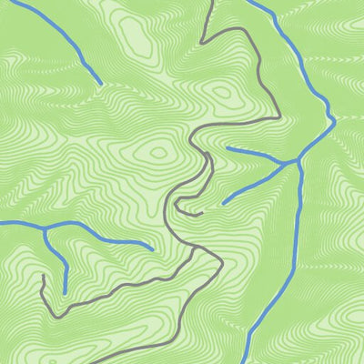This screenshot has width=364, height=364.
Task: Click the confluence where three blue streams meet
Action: coord(297,162)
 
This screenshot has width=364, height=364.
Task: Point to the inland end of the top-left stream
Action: coord(99,84)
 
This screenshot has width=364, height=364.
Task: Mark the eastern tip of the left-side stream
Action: coord(151,248)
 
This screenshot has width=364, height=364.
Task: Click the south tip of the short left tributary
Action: coord(65,292)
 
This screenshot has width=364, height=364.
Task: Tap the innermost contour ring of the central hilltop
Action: coord(159,152)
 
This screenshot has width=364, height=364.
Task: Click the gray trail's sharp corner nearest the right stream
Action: coord(278,117)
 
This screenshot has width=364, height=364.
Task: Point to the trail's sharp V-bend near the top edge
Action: coord(202,41)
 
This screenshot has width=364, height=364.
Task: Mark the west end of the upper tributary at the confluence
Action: coord(227,147)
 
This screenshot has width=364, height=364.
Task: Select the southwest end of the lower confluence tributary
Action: coord(223,202)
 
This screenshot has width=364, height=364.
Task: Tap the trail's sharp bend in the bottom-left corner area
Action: coord(56,316)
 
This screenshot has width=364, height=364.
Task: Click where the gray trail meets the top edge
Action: coord(211,1)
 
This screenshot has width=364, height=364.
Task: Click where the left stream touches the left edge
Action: coord(1,223)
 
